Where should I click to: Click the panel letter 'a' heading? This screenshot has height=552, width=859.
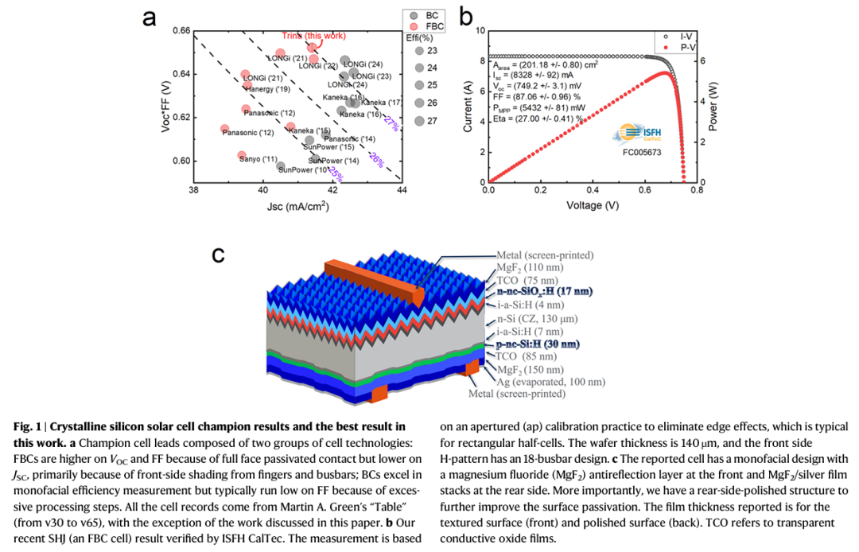[x=149, y=17]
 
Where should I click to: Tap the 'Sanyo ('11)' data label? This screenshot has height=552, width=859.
[x=258, y=159]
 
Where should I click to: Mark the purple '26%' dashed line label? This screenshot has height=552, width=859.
[x=377, y=160]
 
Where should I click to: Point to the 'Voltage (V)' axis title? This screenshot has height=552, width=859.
[x=593, y=205]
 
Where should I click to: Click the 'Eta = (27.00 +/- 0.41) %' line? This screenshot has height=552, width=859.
[x=538, y=118]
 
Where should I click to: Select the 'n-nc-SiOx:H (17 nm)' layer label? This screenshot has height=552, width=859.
[x=545, y=292]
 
